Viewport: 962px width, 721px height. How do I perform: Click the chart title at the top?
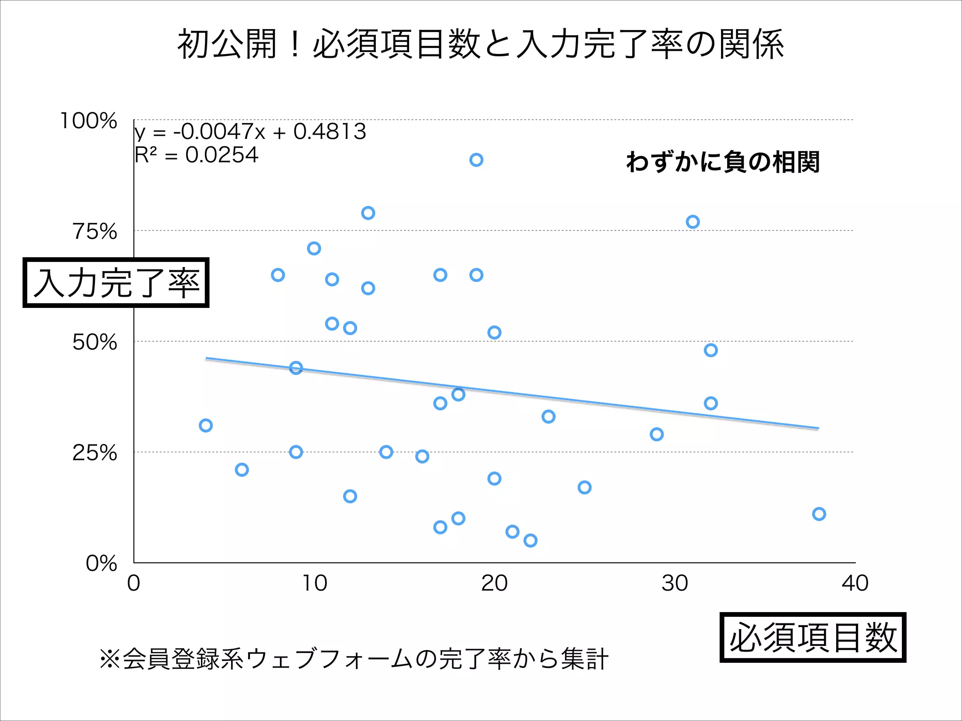click(480, 45)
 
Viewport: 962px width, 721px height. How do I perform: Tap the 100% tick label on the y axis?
click(89, 121)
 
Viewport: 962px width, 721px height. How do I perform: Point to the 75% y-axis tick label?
click(95, 231)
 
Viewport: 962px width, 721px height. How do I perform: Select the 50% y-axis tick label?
click(95, 342)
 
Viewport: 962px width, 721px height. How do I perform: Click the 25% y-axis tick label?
click(95, 453)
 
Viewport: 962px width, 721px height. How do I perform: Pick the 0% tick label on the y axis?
click(101, 563)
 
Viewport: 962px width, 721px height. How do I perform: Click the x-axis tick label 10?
click(314, 583)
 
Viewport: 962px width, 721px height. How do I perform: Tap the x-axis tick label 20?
click(494, 583)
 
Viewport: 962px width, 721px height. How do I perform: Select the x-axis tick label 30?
click(675, 583)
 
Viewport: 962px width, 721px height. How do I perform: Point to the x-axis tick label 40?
click(855, 583)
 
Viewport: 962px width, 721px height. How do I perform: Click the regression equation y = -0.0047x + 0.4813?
click(250, 132)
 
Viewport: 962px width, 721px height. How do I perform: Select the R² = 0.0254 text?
click(196, 155)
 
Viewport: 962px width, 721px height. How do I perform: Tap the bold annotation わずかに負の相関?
click(723, 162)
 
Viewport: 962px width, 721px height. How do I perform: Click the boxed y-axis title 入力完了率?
click(116, 283)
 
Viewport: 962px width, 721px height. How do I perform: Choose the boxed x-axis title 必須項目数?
click(813, 637)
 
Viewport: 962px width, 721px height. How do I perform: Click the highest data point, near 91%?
click(476, 160)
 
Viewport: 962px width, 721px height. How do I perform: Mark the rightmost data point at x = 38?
click(819, 514)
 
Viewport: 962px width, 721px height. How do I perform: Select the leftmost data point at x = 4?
click(206, 426)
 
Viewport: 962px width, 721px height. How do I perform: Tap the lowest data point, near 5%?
click(530, 541)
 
